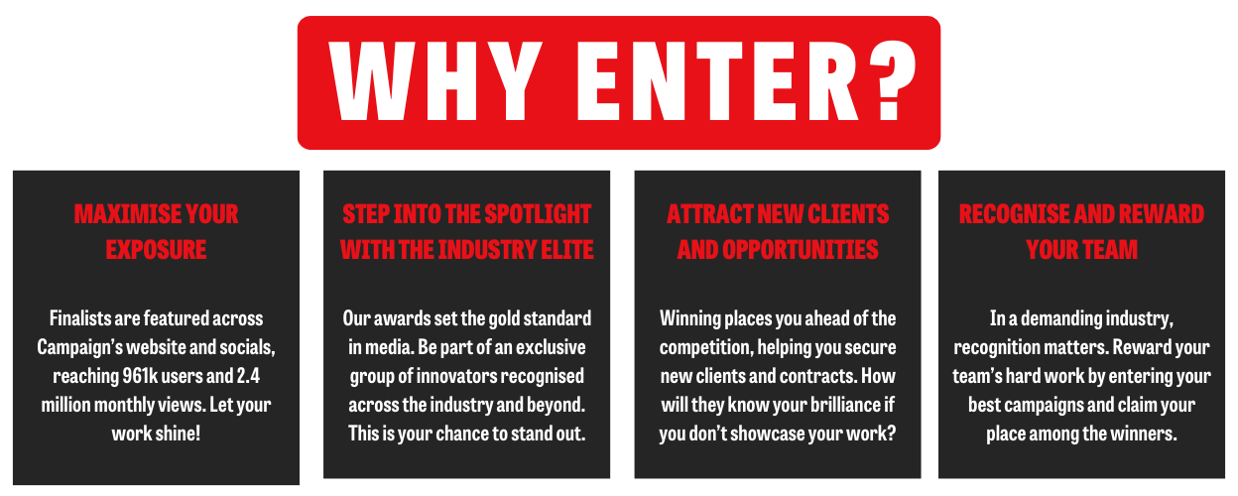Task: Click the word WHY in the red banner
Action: click(x=434, y=81)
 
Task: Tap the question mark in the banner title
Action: click(x=890, y=80)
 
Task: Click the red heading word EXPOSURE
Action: click(x=156, y=249)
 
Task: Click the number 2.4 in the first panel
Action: click(x=248, y=376)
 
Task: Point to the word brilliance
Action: click(x=839, y=405)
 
